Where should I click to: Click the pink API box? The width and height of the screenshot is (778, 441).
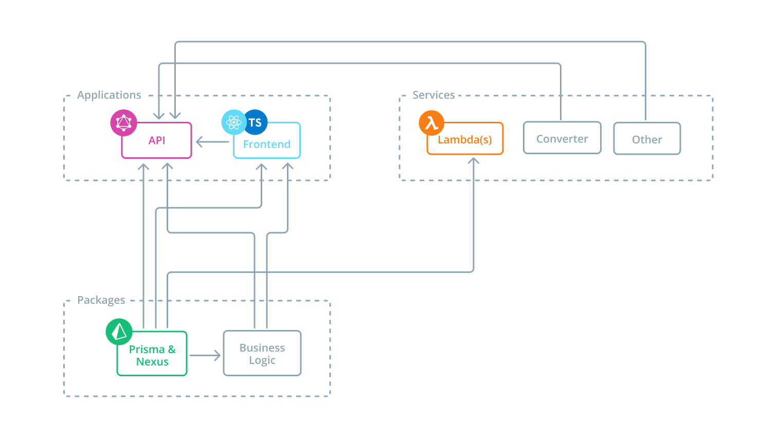coord(156,140)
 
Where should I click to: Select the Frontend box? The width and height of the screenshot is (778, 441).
coord(267,144)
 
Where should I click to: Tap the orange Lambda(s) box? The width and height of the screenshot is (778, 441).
coord(465,140)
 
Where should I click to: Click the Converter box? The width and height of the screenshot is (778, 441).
coord(562,139)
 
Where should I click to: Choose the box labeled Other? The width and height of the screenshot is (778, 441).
coord(647,139)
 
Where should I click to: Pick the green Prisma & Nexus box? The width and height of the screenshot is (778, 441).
coord(152,355)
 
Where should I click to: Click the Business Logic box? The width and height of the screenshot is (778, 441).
coord(262,354)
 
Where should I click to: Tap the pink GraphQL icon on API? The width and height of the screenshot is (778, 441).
coord(123,122)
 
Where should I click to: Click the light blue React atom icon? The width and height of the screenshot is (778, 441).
coord(233,122)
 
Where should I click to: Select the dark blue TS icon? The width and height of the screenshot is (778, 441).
coord(256,122)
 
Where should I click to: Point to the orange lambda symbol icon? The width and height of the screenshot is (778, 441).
coord(431,123)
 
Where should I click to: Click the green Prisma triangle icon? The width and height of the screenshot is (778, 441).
coord(119,332)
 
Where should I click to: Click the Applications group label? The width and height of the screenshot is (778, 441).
coord(109,95)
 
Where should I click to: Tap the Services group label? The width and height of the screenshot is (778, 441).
coord(433,95)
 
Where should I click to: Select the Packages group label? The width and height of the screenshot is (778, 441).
coord(101,300)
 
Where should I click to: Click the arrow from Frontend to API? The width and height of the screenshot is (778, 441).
coord(212,142)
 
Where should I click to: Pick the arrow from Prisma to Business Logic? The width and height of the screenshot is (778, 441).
coord(205,355)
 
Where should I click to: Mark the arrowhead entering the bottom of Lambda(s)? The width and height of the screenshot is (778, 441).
coord(474,161)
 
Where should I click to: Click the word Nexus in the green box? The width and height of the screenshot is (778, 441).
coord(152,362)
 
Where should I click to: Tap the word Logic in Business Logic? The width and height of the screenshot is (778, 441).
coord(262,360)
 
